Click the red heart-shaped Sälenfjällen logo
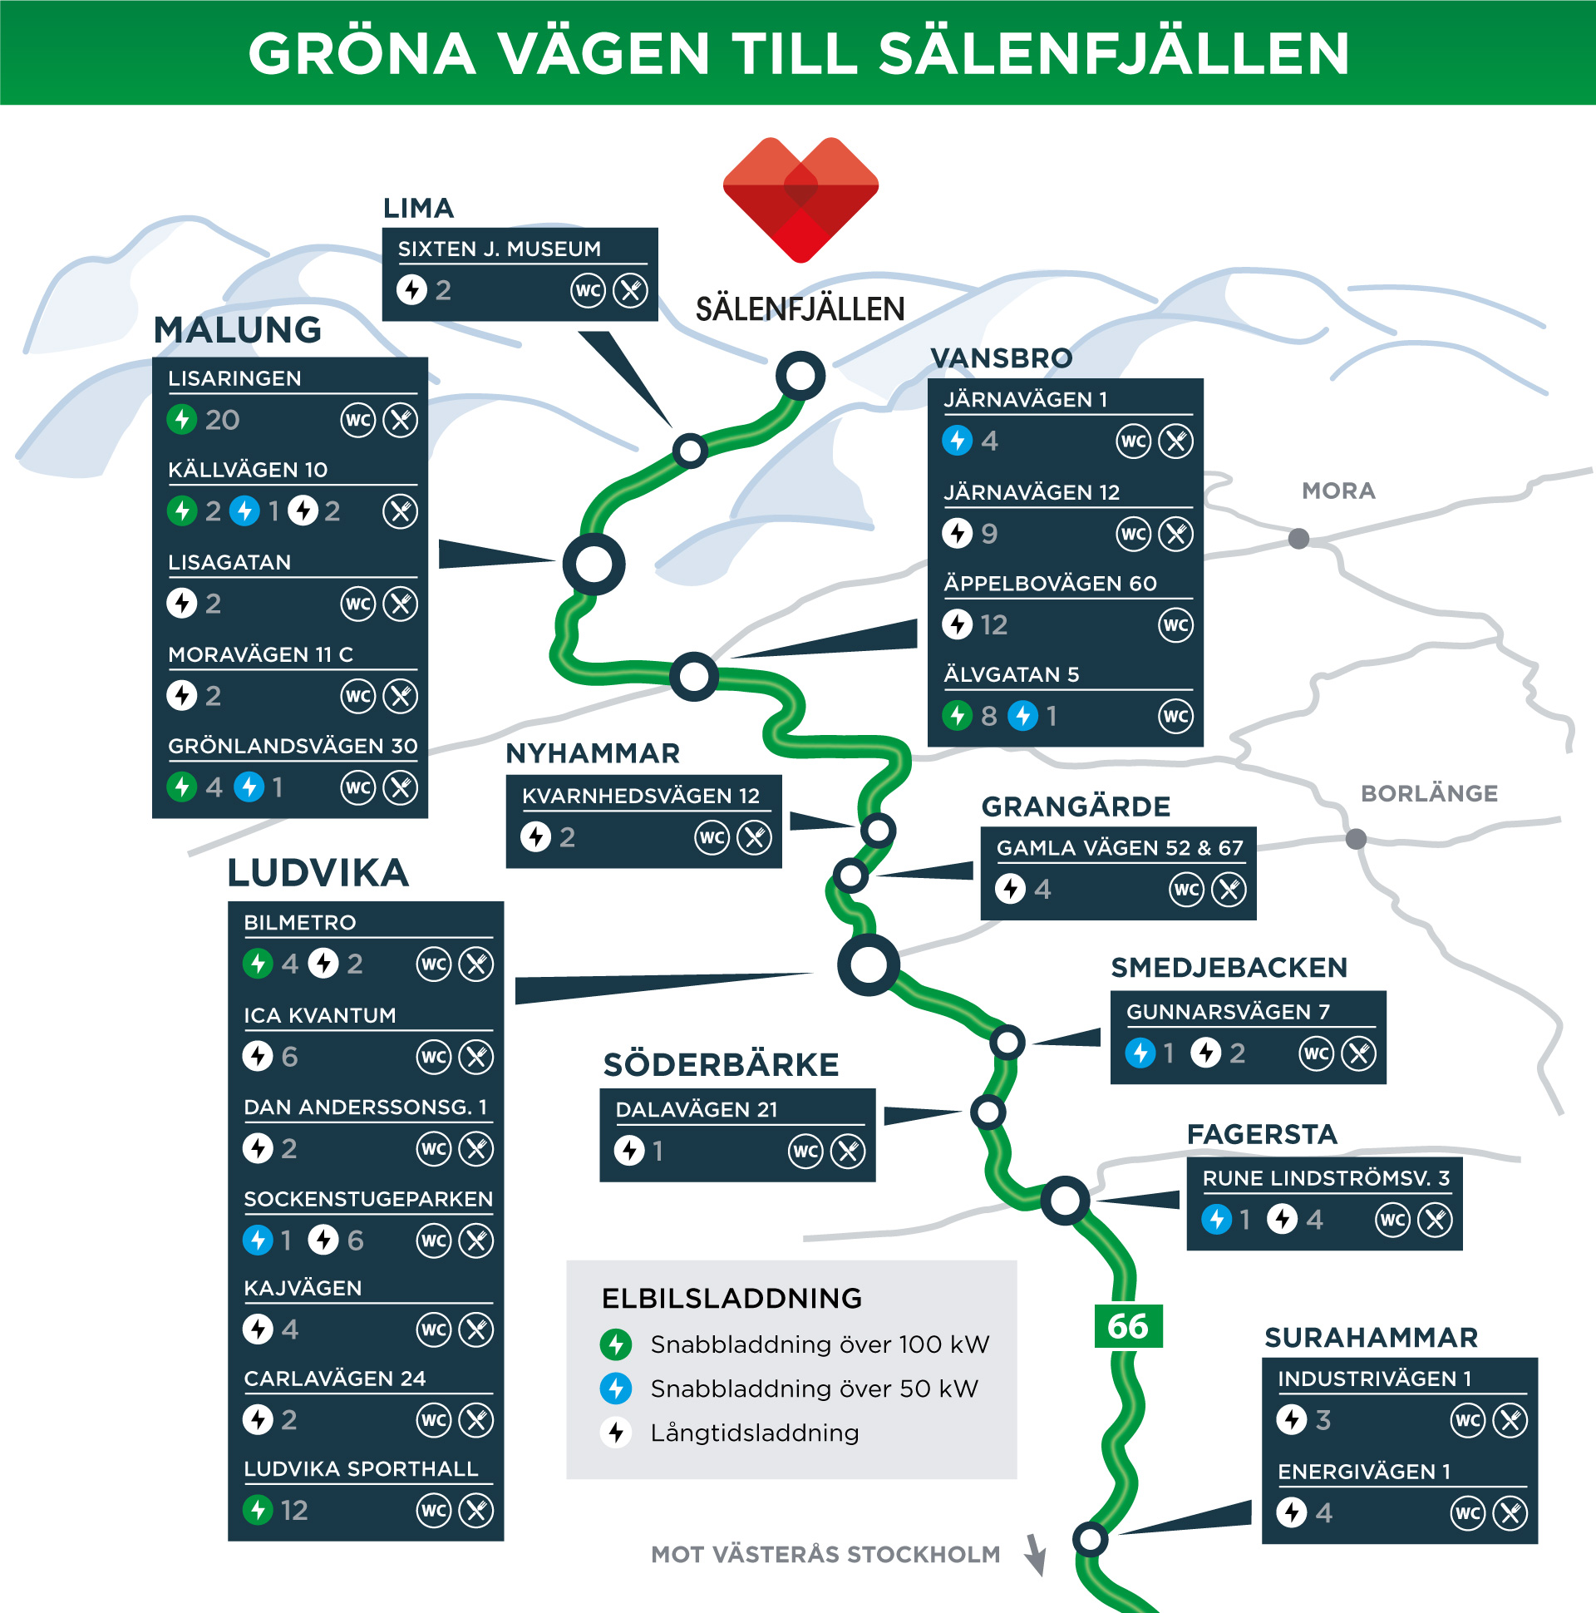[x=800, y=199]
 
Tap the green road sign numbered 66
[x=1128, y=1326]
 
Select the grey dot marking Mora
[x=1298, y=539]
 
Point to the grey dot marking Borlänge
[x=1356, y=838]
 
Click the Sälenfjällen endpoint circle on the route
[x=800, y=376]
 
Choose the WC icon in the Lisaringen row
[x=358, y=420]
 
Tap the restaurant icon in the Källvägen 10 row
[x=401, y=511]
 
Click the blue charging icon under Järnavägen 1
[x=957, y=440]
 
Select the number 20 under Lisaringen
[x=222, y=420]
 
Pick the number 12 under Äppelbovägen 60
[x=993, y=624]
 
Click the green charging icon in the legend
[x=616, y=1344]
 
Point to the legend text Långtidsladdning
[x=755, y=1433]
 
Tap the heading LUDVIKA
[x=318, y=873]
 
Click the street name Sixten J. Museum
[x=500, y=249]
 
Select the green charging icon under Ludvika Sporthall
[x=258, y=1509]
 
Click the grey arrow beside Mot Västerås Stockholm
[x=1036, y=1554]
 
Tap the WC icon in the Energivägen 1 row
[x=1467, y=1513]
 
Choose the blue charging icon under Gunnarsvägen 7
[x=1140, y=1053]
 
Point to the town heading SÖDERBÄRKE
[x=722, y=1065]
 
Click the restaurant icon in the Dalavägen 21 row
[x=848, y=1152]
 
